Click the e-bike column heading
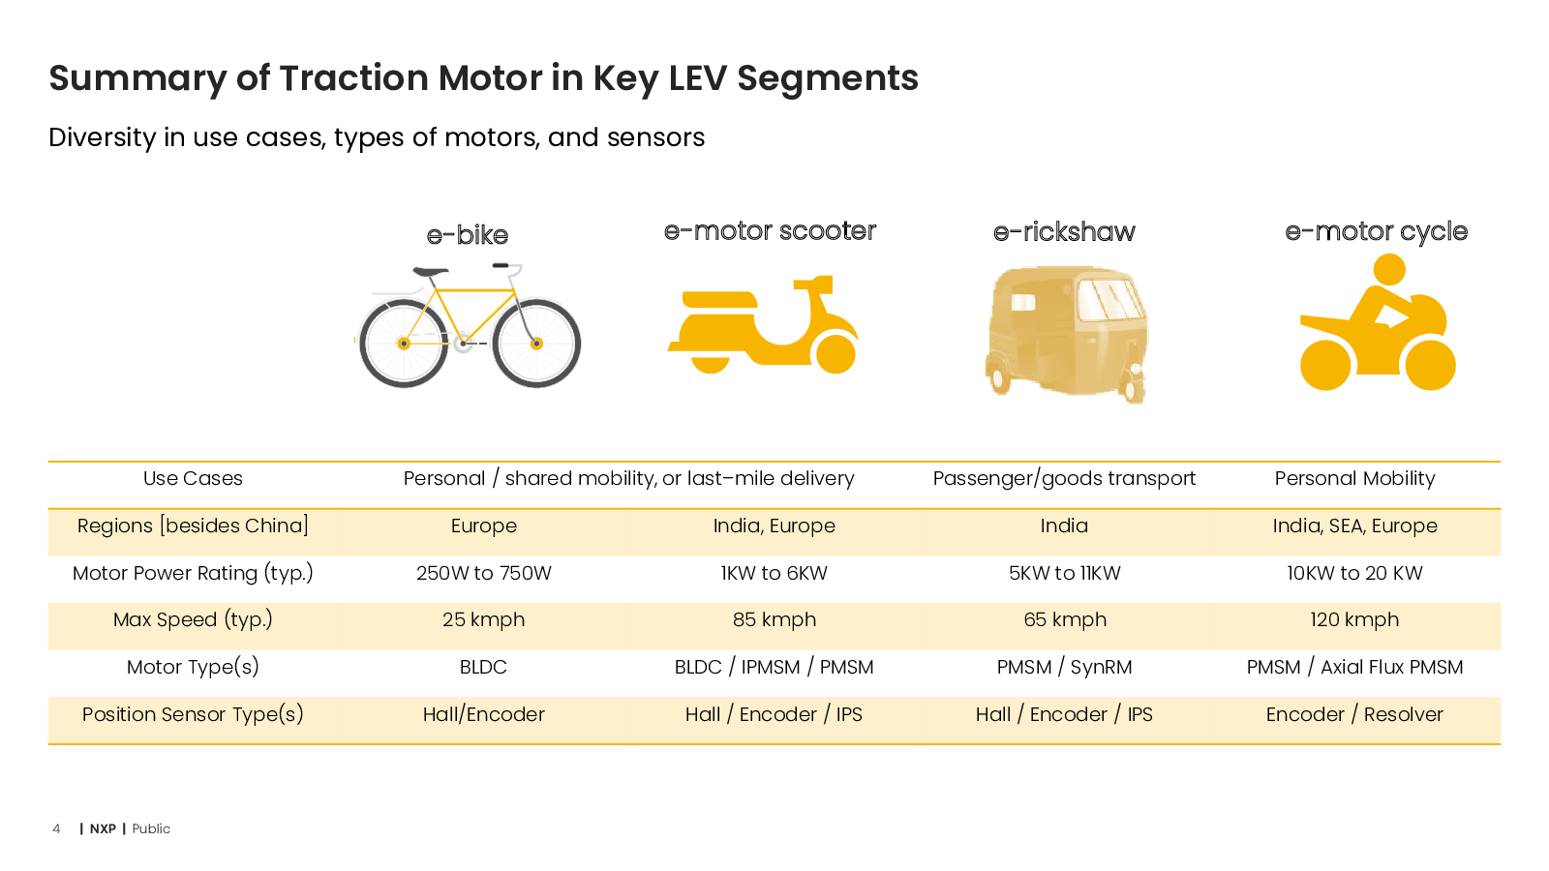[468, 235]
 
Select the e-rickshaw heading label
[1064, 232]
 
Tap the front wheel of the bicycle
[536, 343]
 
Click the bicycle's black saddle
[430, 272]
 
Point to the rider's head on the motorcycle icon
[1388, 270]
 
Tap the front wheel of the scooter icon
[836, 352]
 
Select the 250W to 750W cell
[483, 573]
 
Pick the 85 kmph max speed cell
[774, 619]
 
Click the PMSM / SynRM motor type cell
[1064, 667]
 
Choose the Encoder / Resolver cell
[1354, 714]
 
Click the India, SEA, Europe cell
[1354, 526]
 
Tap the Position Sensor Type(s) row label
[193, 714]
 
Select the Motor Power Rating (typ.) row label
[193, 573]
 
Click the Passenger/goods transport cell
[1064, 478]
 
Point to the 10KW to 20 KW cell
[1354, 573]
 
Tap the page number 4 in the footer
[57, 828]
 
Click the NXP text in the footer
[103, 828]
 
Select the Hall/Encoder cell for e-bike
[483, 714]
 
